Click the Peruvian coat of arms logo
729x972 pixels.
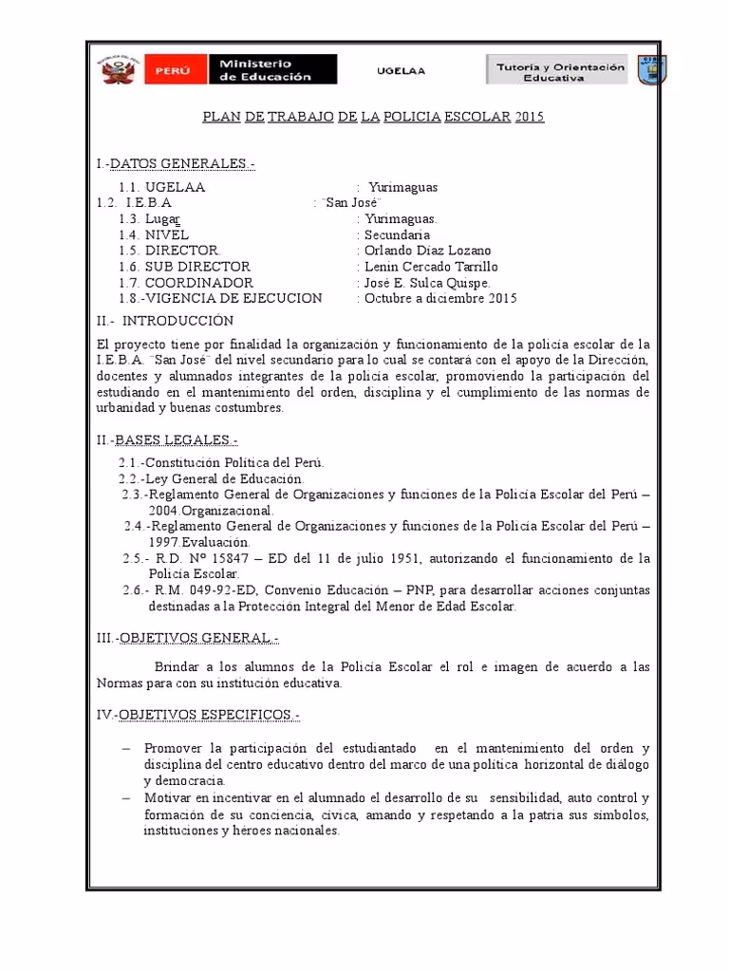tap(119, 69)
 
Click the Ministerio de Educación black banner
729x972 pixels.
tap(274, 69)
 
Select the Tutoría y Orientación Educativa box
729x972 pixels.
tap(557, 69)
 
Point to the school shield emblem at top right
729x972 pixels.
tap(650, 69)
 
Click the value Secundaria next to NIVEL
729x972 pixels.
tap(397, 234)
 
